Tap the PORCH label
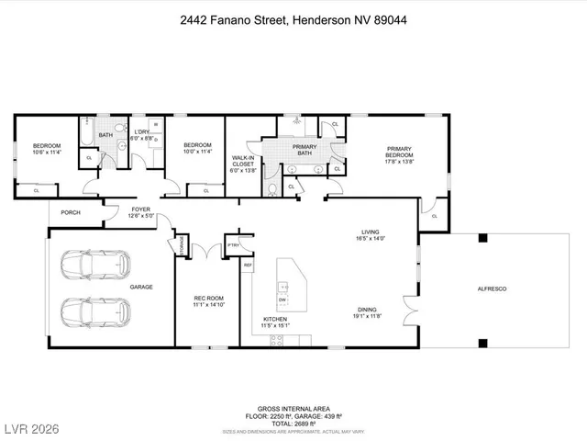tap(71, 212)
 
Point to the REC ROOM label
tap(208, 300)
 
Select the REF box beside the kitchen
tap(248, 266)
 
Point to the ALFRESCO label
tap(491, 289)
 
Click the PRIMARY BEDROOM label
tap(399, 153)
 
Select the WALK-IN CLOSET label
tap(243, 162)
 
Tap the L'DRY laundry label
tap(142, 134)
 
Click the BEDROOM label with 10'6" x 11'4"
tap(47, 149)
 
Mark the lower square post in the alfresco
tap(482, 344)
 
